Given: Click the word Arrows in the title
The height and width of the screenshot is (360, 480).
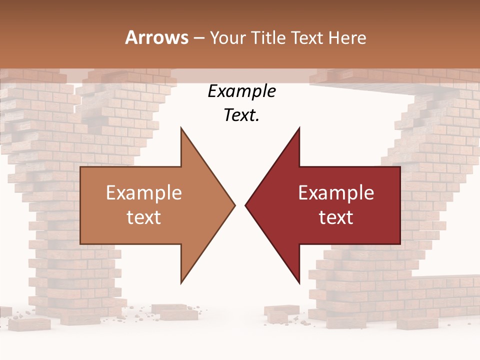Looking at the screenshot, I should (157, 37).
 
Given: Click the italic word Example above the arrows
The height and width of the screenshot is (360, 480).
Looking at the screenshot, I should (241, 91).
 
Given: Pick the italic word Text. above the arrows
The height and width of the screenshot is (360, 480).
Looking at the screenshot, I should (241, 115).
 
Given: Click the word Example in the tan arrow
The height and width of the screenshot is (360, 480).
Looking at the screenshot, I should (144, 193).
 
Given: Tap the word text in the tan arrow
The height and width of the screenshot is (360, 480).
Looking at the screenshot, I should (144, 217).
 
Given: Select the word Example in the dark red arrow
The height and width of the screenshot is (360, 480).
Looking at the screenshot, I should (336, 193).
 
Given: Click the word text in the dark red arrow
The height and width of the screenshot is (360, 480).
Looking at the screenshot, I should (336, 217).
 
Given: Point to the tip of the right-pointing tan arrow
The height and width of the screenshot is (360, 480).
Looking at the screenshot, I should (235, 205).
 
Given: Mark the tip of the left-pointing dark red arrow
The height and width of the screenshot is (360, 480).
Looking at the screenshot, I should (245, 205).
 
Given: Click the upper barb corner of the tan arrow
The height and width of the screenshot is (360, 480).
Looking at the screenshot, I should (181, 128).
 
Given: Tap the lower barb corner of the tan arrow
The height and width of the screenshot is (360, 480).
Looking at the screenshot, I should (181, 283).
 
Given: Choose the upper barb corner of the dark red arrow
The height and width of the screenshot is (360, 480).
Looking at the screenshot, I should (299, 128).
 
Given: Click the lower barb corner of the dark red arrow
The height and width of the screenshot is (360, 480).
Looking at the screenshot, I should (299, 283).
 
